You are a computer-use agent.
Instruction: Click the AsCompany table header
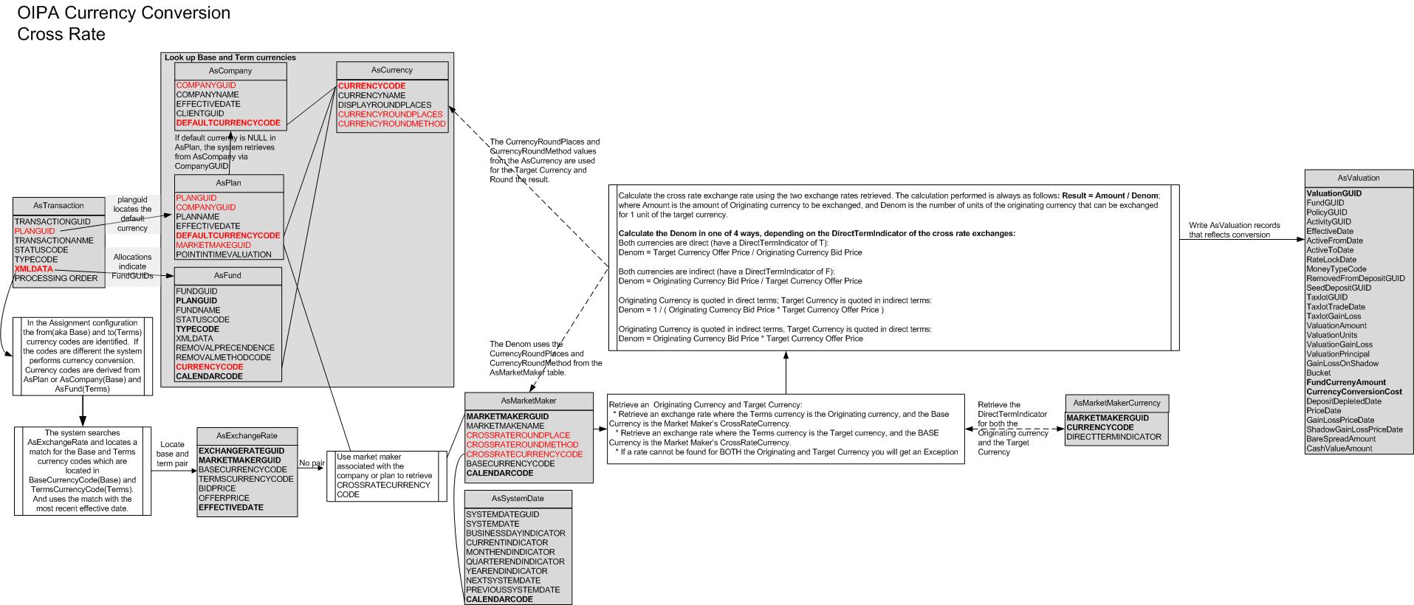click(x=230, y=71)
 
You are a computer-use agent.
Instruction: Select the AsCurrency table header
click(x=391, y=70)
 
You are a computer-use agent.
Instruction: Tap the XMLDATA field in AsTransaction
click(x=34, y=269)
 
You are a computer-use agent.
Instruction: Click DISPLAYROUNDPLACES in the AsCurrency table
click(x=385, y=105)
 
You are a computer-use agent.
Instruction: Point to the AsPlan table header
click(x=228, y=183)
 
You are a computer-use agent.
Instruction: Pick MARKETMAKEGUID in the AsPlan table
click(x=213, y=245)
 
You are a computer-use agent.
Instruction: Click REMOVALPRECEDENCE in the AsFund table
click(x=225, y=348)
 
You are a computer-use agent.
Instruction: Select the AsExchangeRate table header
click(x=247, y=435)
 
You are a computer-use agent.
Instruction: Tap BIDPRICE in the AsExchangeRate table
click(x=217, y=488)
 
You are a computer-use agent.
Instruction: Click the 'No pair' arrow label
click(x=312, y=463)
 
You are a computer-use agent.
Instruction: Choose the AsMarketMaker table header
click(x=528, y=401)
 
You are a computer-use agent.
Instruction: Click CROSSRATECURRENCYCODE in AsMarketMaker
click(x=524, y=454)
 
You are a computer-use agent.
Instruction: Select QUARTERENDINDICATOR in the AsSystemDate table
click(x=515, y=561)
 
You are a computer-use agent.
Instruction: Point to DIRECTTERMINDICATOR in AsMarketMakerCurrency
click(x=1113, y=437)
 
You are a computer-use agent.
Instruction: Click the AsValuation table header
click(x=1358, y=178)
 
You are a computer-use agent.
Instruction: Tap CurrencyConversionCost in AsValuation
click(x=1353, y=392)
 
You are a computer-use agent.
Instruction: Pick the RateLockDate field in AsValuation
click(x=1331, y=260)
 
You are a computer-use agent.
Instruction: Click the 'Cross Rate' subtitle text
click(x=61, y=35)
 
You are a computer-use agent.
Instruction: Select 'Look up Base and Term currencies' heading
click(x=230, y=58)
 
